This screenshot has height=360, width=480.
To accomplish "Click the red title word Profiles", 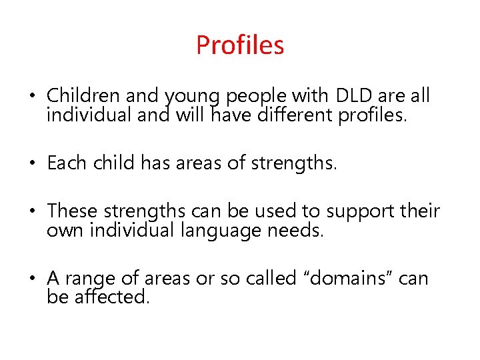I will pos(240,45).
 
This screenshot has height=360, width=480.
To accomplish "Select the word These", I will pos(72,211).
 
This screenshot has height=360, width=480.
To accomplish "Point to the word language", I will pos(208,231).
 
